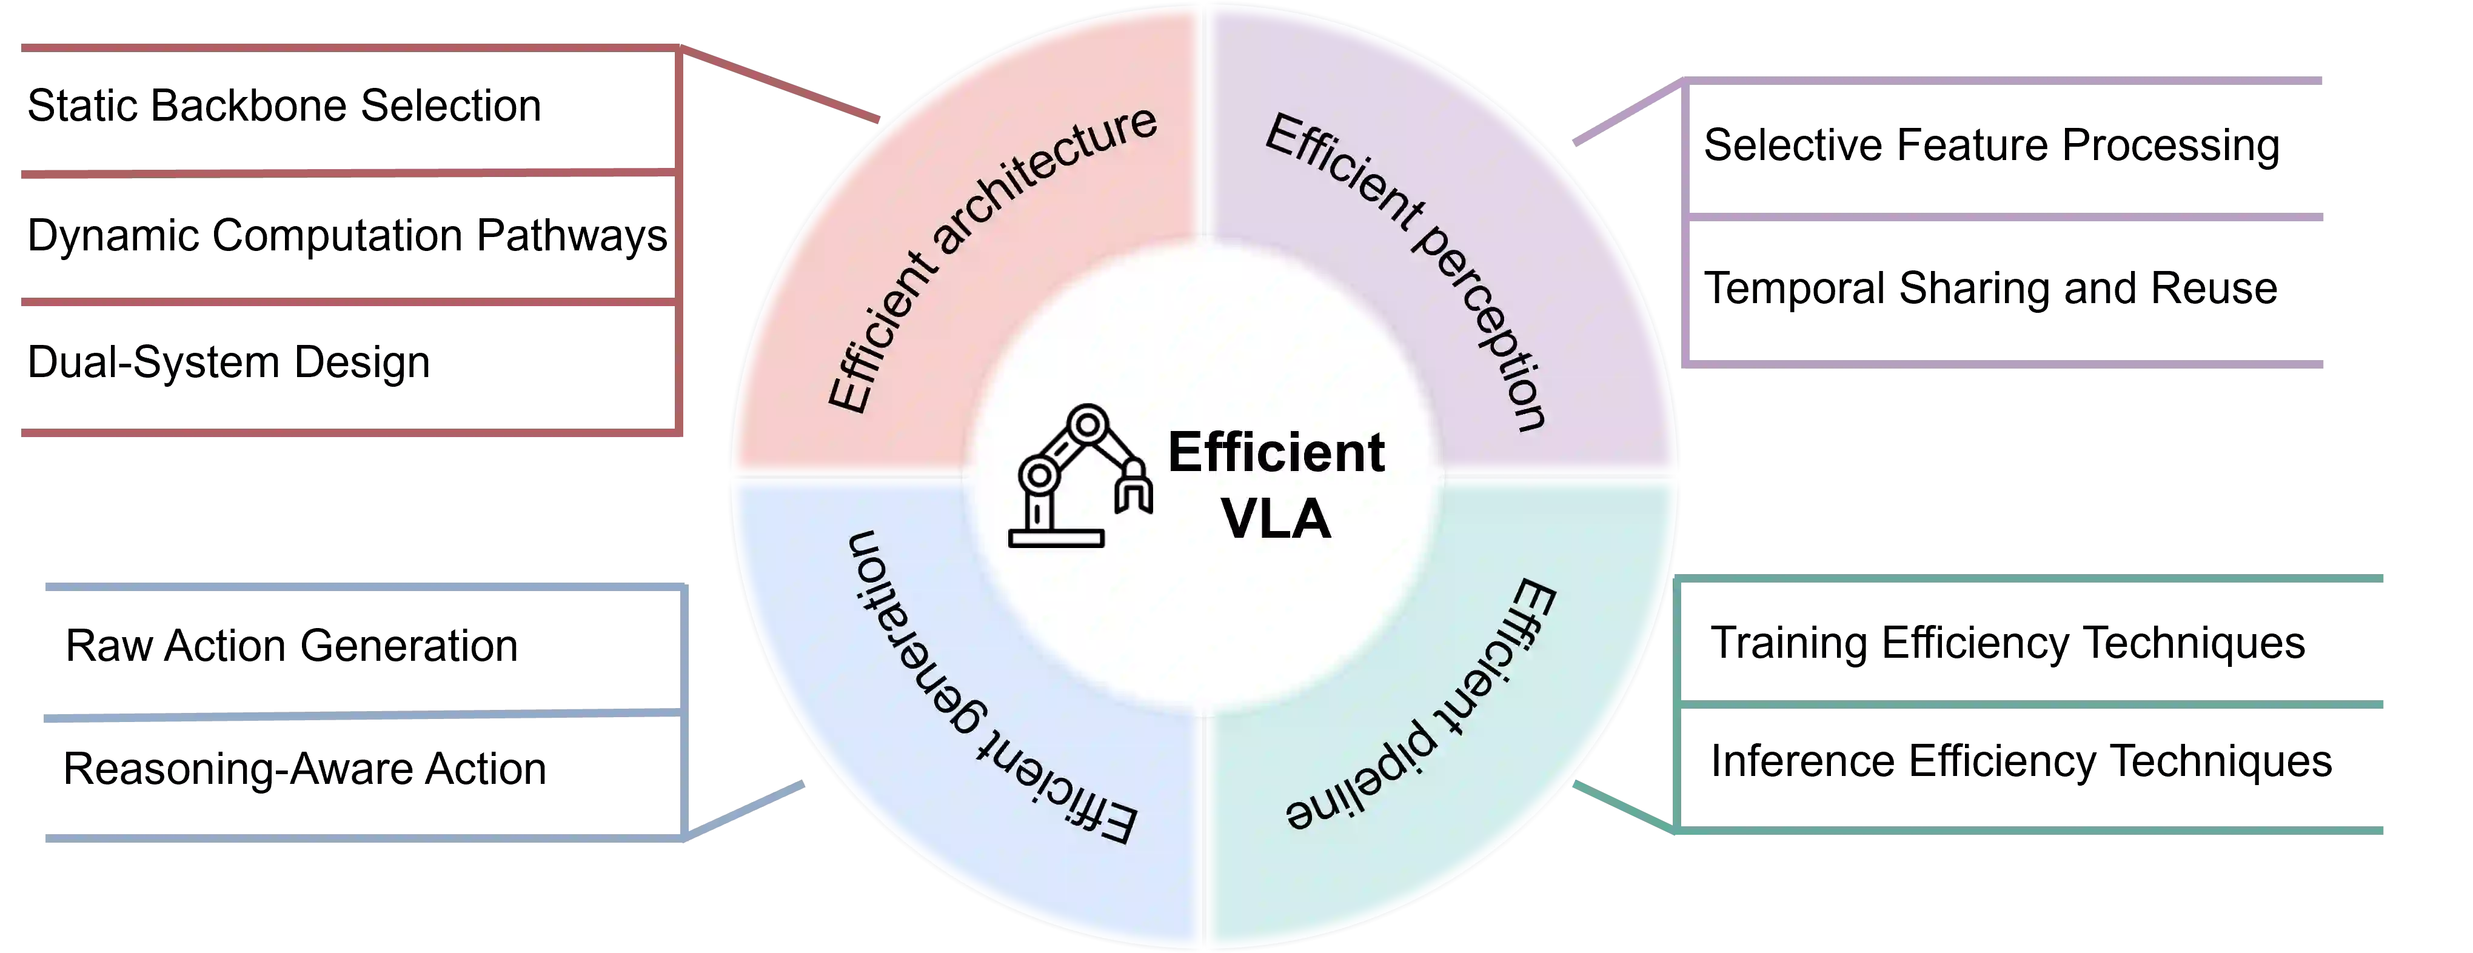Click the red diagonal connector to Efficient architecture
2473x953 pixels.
pyautogui.click(x=783, y=86)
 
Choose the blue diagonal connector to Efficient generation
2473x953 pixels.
pyautogui.click(x=749, y=812)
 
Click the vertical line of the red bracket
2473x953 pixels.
pyautogui.click(x=679, y=240)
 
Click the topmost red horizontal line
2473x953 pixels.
pyautogui.click(x=346, y=48)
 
